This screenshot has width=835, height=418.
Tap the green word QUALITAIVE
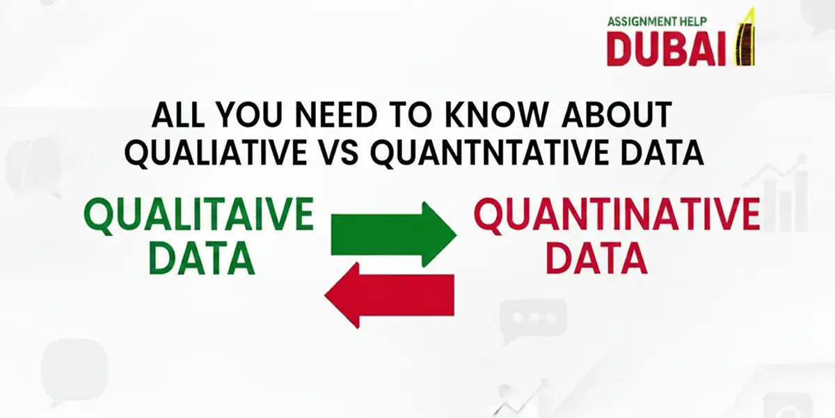[198, 215]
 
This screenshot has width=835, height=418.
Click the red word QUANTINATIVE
[616, 216]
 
